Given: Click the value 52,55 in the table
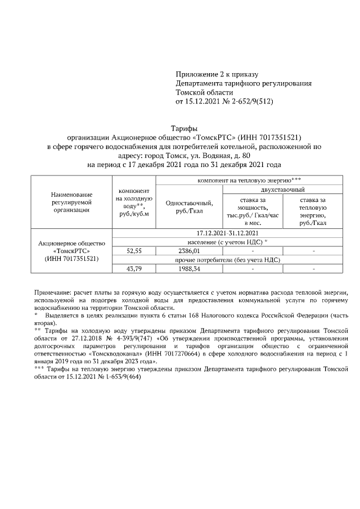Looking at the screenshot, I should pos(133,251).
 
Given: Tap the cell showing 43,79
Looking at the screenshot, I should pos(133,269).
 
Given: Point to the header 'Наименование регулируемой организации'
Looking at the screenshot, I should pos(71,202).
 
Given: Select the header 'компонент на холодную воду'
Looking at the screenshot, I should pos(133,206).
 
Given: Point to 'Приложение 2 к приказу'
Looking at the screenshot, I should pos(217,74).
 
